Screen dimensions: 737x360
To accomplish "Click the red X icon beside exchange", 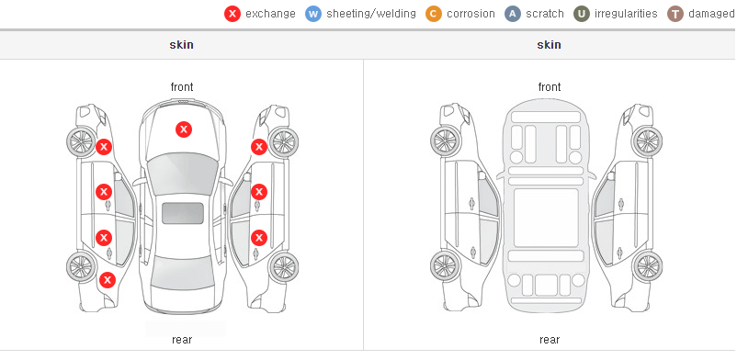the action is [x=232, y=14].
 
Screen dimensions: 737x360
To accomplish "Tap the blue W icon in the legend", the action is [x=313, y=14].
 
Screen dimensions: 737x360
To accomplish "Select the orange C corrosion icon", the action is [x=434, y=14].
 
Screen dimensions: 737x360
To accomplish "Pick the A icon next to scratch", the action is [x=513, y=14].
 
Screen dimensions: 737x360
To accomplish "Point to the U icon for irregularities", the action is [x=582, y=14].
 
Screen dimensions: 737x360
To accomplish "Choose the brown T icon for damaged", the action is [x=675, y=14].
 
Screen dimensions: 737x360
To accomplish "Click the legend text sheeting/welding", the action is [x=371, y=14].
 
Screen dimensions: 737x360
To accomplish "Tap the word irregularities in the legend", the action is [x=626, y=14].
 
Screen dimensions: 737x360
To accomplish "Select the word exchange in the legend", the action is [x=270, y=14].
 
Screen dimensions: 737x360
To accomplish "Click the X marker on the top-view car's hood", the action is [x=184, y=129].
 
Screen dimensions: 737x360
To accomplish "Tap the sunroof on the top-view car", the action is [x=183, y=213].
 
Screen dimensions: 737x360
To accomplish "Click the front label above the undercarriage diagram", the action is [x=550, y=87].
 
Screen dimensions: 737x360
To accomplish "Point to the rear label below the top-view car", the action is [x=182, y=340].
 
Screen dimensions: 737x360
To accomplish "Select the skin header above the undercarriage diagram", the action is [x=549, y=45].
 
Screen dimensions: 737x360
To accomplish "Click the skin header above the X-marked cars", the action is [x=181, y=45].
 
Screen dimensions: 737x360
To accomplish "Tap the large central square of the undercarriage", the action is [x=546, y=218].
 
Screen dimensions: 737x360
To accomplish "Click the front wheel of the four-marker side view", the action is [x=80, y=141].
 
